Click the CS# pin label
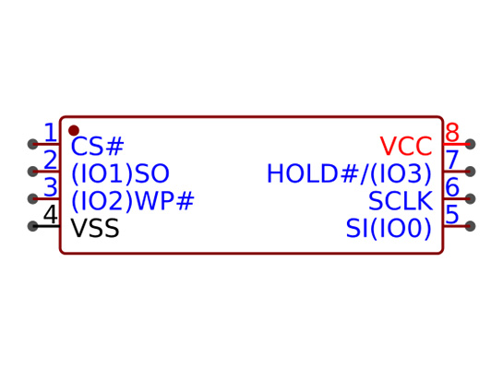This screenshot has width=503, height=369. [97, 146]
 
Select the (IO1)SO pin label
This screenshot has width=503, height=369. [120, 173]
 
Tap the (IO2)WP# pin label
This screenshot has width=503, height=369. [133, 201]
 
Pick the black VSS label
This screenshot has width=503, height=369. [95, 228]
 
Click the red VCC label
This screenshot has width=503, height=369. [406, 146]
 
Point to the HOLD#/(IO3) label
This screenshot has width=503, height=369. [350, 173]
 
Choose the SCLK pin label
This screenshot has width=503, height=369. [401, 201]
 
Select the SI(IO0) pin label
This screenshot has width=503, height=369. [389, 229]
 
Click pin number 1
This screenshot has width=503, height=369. [51, 133]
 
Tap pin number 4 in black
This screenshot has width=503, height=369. [51, 214]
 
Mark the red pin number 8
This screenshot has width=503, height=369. [452, 133]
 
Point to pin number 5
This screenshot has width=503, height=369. [452, 214]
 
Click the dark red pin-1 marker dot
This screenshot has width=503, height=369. [74, 130]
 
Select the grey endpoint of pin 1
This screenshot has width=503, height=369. [32, 144]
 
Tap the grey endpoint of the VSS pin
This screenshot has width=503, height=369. [32, 226]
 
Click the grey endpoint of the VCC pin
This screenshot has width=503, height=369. [470, 144]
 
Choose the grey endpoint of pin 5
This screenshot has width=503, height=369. [470, 226]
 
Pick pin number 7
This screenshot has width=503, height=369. [452, 160]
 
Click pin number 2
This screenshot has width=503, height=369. [51, 160]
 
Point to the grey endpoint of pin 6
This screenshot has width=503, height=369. [470, 198]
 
